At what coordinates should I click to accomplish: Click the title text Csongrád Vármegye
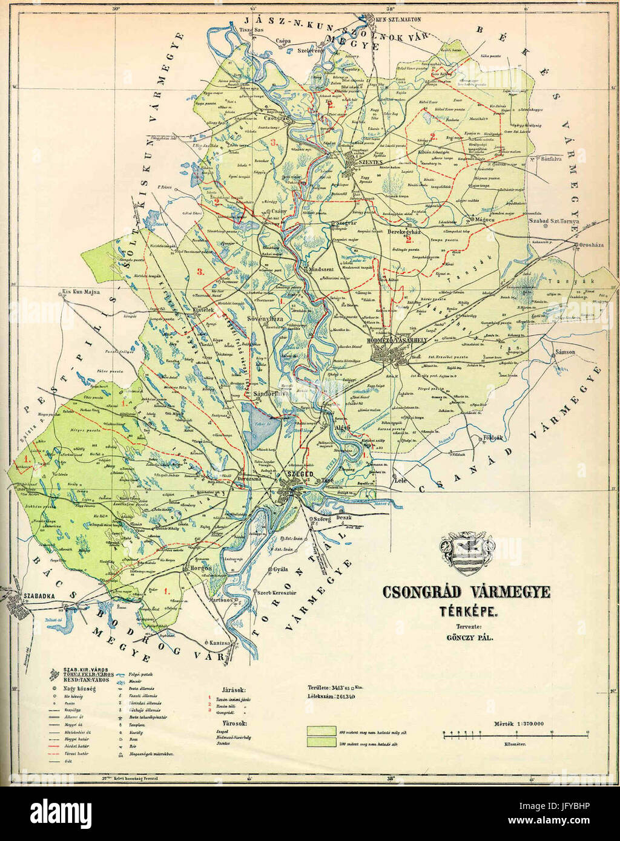click(466, 591)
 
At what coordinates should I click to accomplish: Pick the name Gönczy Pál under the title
click(467, 637)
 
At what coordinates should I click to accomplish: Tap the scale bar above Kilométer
click(516, 733)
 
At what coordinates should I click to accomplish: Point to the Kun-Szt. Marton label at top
click(398, 19)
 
